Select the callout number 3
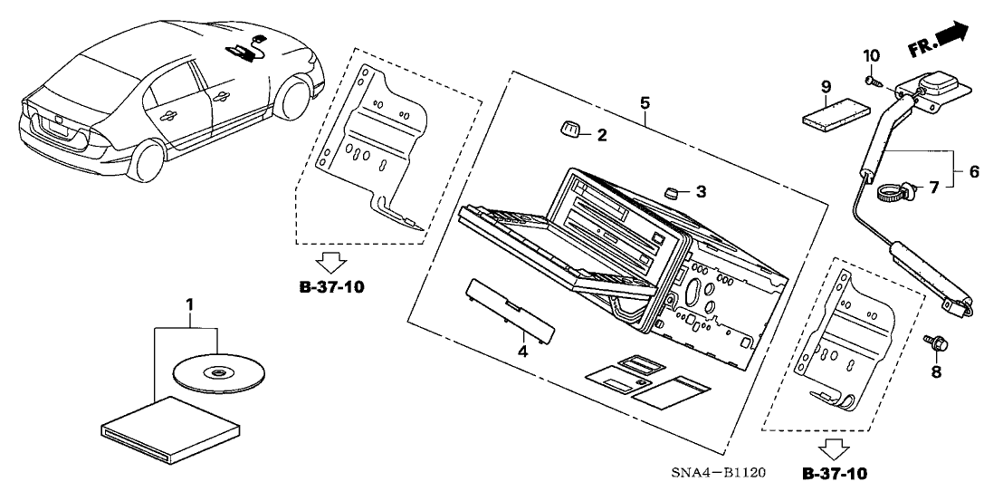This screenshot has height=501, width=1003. [700, 192]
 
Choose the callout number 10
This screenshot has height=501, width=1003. [871, 56]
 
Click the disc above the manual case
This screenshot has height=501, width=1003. [217, 371]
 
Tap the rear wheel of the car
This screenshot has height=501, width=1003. [147, 157]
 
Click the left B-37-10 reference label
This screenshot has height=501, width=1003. [332, 288]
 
